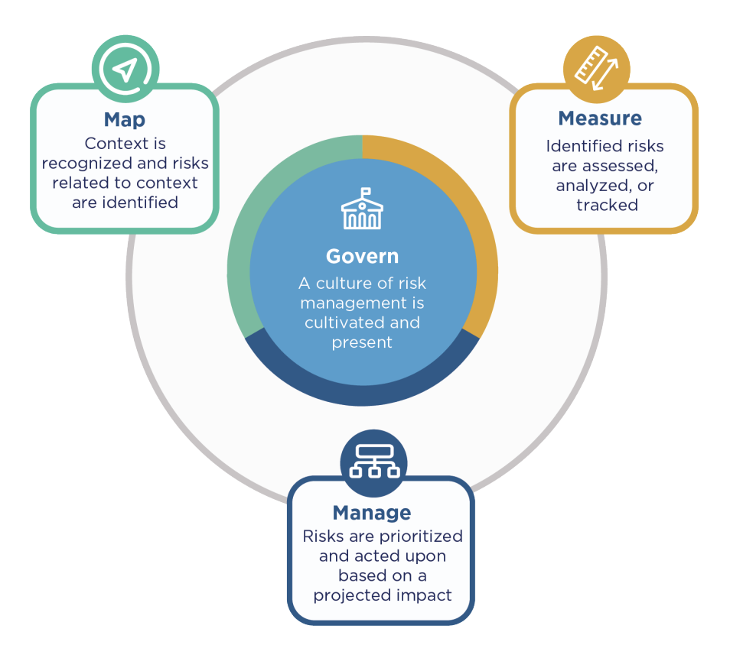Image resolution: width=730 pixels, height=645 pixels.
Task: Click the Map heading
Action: [x=125, y=120]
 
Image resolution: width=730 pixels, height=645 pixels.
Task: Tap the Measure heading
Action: [x=600, y=118]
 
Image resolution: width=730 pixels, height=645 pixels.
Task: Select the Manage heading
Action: [x=372, y=513]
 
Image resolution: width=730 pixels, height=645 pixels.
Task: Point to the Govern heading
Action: [x=362, y=256]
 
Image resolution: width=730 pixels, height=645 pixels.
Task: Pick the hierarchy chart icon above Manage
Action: [x=373, y=461]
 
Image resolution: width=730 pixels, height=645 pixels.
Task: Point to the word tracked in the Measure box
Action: [x=607, y=205]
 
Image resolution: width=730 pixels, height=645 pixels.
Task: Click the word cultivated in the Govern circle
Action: [x=341, y=322]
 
